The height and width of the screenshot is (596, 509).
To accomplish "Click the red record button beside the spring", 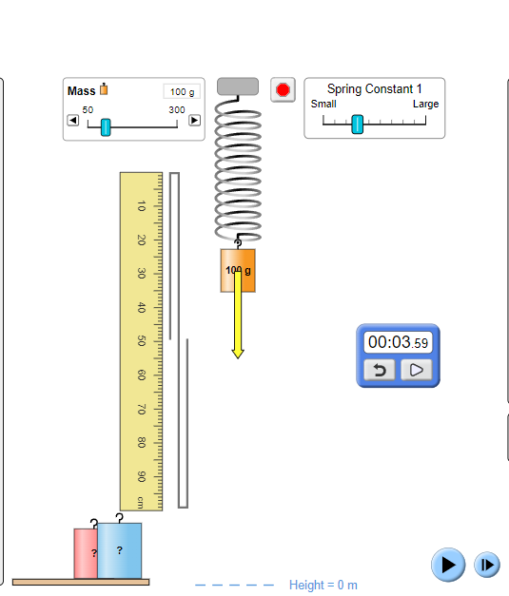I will [x=282, y=90].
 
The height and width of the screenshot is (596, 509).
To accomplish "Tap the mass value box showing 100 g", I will [x=181, y=91].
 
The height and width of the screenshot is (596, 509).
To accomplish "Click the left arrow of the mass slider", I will [x=72, y=121].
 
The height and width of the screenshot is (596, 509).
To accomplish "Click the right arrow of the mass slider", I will [x=194, y=121].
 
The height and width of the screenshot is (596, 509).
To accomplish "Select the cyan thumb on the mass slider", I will [x=106, y=126].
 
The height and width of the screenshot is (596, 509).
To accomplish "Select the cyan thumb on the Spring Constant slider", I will [x=357, y=124].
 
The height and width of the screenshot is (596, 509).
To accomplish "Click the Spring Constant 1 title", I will [x=374, y=88].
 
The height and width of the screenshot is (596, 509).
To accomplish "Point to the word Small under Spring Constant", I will [x=323, y=104].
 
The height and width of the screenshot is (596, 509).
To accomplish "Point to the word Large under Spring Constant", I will [x=425, y=104].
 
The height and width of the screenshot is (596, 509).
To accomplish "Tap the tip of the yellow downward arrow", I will [x=238, y=356].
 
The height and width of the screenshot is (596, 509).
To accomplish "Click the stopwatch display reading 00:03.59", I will [x=399, y=342].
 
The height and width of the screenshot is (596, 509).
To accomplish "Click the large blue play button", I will [x=447, y=565].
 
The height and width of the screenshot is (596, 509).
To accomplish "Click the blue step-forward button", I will [x=486, y=565].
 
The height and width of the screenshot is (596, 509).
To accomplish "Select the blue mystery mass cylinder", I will [x=120, y=550].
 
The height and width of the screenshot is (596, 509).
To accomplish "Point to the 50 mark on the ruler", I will [x=141, y=340].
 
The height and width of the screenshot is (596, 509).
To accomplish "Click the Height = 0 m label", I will [x=323, y=586].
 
